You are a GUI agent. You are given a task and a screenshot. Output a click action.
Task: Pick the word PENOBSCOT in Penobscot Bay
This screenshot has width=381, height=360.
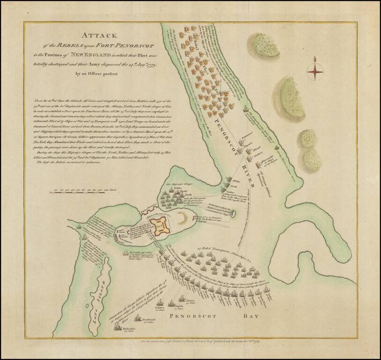click(193, 317)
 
